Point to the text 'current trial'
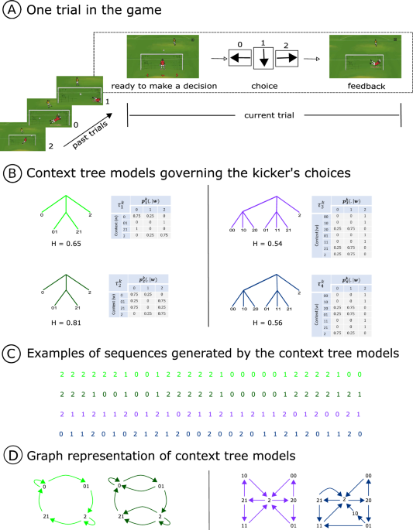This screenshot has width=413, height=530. tap(263, 115)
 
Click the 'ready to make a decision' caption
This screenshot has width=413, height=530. tap(164, 87)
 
